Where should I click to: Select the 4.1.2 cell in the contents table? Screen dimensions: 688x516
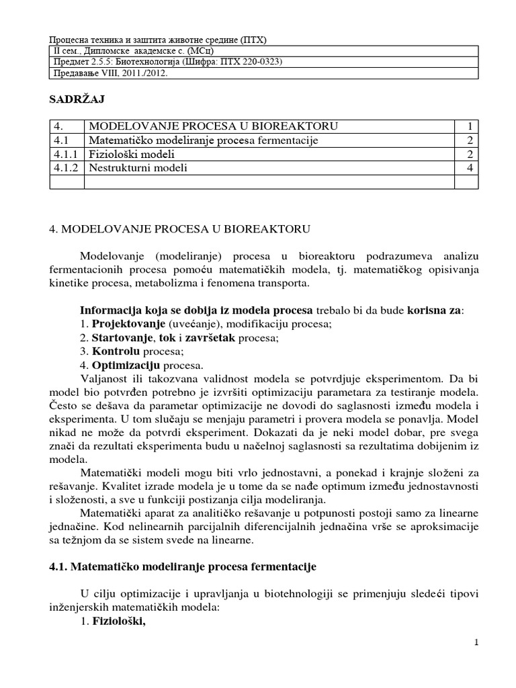(x=66, y=168)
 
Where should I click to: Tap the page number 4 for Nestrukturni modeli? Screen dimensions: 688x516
(x=470, y=168)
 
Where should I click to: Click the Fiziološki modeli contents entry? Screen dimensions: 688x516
(x=132, y=154)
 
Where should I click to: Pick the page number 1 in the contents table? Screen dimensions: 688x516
(x=470, y=126)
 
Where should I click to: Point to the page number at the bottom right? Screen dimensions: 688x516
(x=476, y=643)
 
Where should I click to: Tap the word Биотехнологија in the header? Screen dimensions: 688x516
(x=161, y=62)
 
